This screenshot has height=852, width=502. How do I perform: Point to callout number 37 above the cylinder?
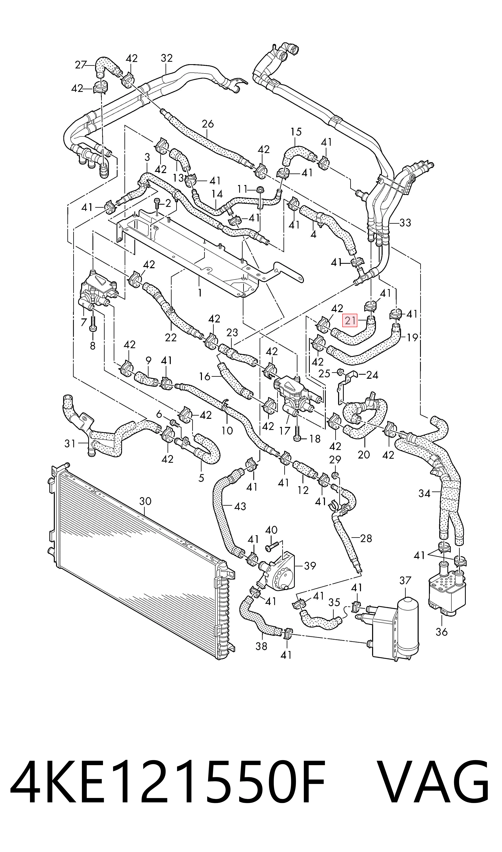[405, 580]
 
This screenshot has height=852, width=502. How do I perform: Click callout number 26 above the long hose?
[208, 124]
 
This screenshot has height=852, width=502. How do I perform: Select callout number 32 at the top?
[167, 58]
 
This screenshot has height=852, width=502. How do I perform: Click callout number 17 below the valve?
[285, 431]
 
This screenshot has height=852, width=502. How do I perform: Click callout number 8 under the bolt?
[93, 346]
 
